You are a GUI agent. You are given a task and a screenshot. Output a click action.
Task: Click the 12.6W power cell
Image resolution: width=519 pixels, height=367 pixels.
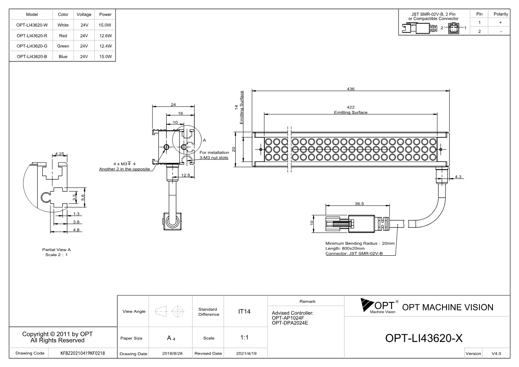click(105, 36)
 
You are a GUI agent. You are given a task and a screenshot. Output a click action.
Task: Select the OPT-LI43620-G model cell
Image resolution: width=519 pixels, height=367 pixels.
click(32, 46)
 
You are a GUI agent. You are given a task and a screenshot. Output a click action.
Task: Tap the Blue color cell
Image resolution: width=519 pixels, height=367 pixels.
click(63, 57)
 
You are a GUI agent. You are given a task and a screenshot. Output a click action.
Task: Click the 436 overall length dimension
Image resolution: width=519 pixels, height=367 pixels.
click(351, 89)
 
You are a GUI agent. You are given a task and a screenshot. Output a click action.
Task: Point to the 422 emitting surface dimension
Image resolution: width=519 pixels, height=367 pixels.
click(351, 107)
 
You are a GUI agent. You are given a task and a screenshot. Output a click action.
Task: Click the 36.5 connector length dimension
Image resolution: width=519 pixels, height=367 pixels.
click(359, 204)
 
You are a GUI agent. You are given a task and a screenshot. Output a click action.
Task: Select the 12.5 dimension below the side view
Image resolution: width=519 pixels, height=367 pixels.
click(186, 175)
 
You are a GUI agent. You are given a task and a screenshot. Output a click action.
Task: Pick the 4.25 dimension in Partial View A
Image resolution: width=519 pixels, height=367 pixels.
click(60, 154)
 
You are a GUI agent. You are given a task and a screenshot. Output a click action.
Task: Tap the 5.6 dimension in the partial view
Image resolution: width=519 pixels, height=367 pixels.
click(83, 198)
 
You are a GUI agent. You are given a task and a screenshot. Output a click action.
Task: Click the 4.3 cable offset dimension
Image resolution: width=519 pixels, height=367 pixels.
click(458, 176)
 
